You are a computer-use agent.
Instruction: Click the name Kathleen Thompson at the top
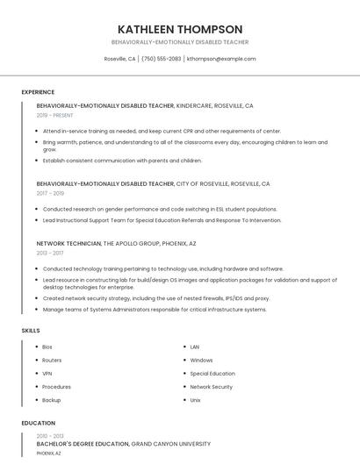[x=180, y=29]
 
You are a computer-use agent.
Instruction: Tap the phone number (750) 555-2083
[x=161, y=59]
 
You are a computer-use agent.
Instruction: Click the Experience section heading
[x=38, y=92]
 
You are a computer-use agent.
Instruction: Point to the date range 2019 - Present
[x=54, y=115]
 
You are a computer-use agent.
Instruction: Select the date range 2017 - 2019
[x=50, y=193]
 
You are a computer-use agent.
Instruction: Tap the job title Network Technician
[x=68, y=242]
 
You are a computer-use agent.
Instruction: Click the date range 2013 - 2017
[x=50, y=252]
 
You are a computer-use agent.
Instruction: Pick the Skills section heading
[x=31, y=331]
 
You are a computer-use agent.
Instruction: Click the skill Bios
[x=47, y=347]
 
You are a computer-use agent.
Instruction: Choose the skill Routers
[x=52, y=360]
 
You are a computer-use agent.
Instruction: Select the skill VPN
[x=47, y=373]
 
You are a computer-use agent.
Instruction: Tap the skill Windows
[x=201, y=360]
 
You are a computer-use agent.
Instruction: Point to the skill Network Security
[x=211, y=386]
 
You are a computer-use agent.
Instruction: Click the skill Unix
[x=196, y=399]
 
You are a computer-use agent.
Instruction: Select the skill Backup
[x=52, y=399]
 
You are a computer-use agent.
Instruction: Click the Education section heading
[x=38, y=423]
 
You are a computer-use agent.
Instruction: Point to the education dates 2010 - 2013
[x=50, y=435]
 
